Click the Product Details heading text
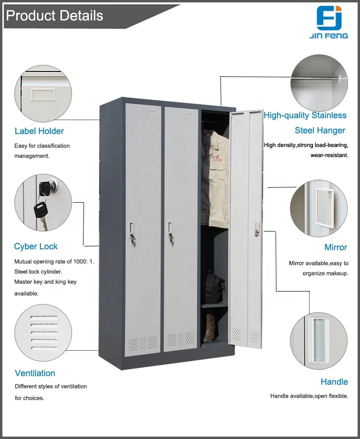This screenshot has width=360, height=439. tap(54, 16)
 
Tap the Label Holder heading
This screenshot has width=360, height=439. tap(39, 131)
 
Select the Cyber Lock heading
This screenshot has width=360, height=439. tap(36, 246)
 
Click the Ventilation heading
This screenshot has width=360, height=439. tap(35, 373)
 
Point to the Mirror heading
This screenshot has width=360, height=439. tap(336, 247)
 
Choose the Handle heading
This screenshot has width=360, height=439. tap(334, 382)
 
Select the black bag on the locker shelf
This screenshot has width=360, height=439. tap(213, 287)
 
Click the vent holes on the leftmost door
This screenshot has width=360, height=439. tap(142, 342)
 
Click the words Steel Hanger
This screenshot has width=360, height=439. tap(320, 130)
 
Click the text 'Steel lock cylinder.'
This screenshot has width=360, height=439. tap(38, 272)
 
